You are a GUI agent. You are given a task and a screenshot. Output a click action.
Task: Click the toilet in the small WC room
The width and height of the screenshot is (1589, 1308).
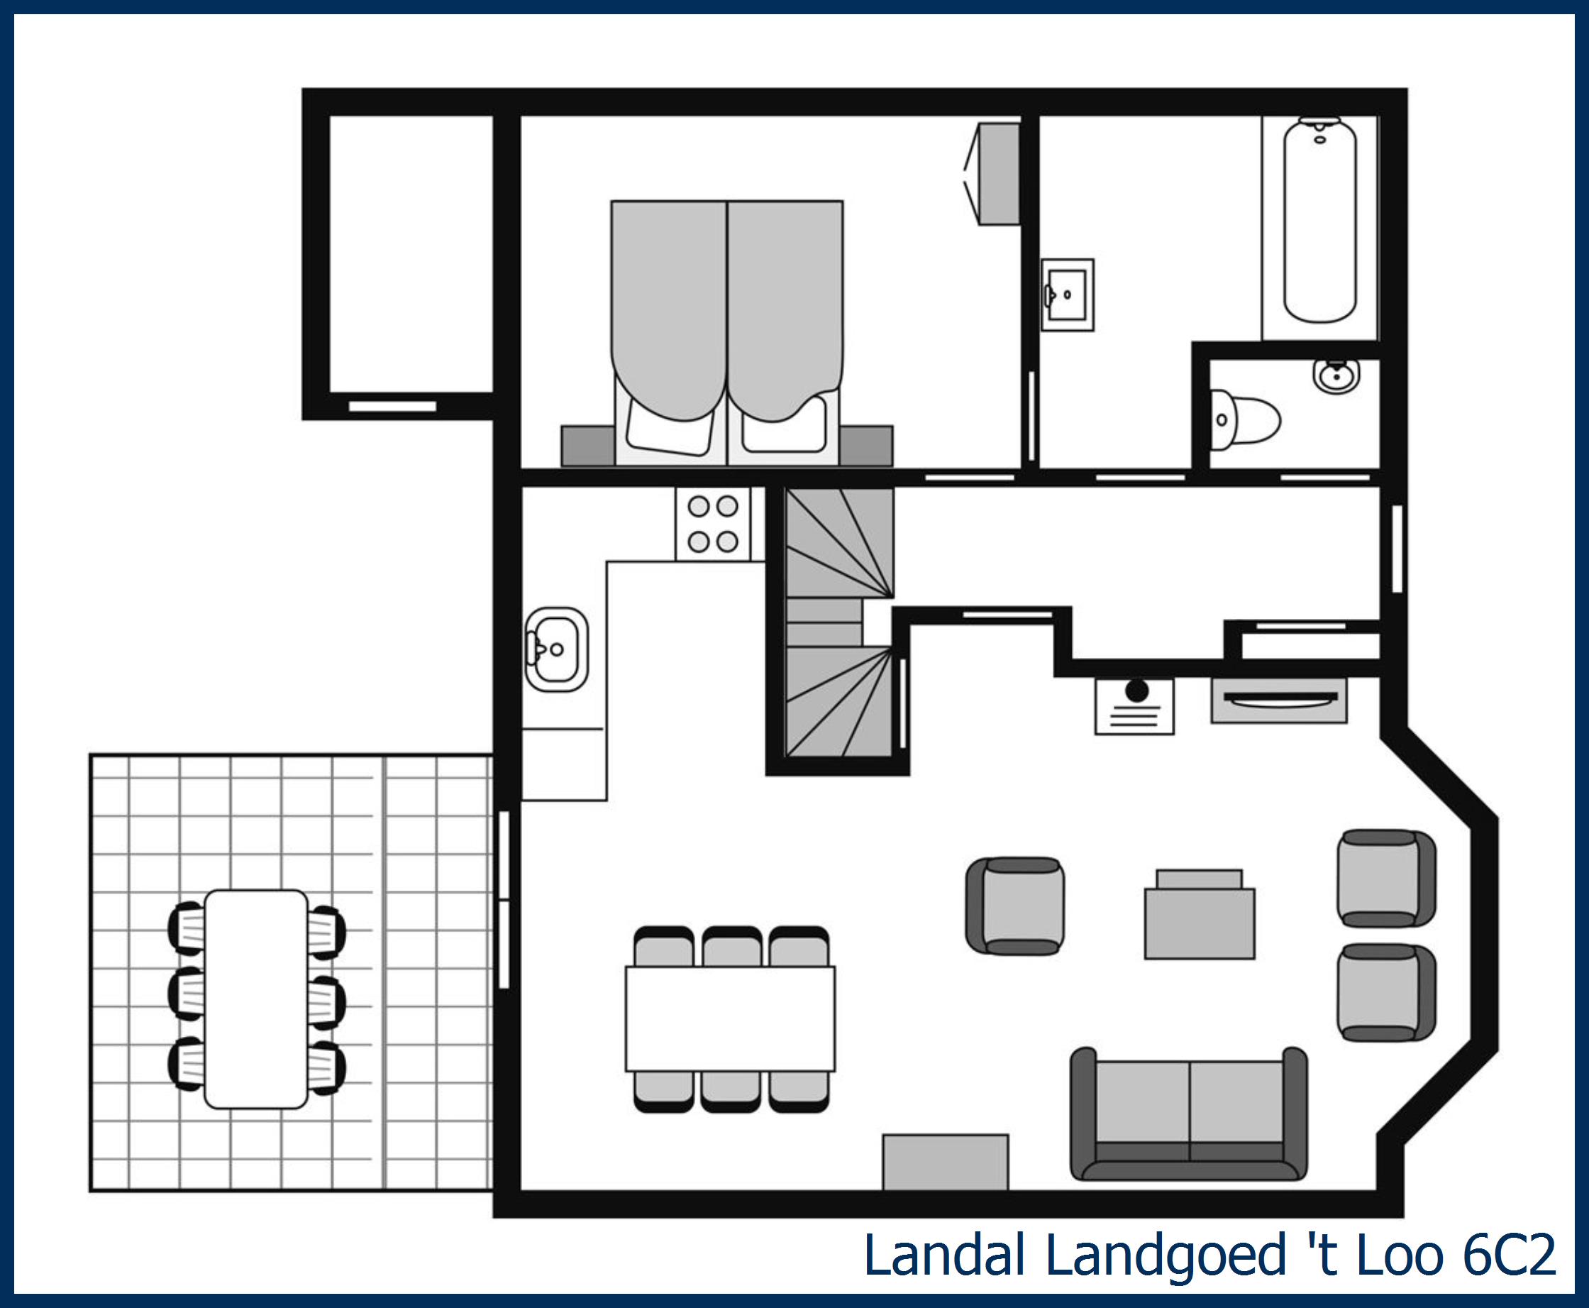tap(1244, 420)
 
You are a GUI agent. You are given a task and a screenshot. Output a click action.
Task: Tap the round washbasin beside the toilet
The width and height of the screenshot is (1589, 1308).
tap(1336, 375)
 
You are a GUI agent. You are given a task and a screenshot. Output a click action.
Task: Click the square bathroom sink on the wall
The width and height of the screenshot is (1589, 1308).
tap(1067, 295)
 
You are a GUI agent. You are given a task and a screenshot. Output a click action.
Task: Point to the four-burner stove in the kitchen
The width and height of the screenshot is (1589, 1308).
tap(712, 524)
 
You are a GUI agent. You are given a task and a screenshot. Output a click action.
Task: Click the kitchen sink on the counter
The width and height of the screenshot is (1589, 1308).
tap(558, 649)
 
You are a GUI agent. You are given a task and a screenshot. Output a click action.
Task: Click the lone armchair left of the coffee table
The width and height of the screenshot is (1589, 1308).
tap(1015, 906)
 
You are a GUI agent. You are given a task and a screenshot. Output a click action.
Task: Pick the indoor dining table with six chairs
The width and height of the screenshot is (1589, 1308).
tap(730, 1018)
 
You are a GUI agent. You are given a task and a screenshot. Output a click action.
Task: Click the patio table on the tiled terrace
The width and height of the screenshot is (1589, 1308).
tap(256, 999)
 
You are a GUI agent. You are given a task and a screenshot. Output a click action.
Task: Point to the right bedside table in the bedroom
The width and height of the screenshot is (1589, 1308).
tap(866, 445)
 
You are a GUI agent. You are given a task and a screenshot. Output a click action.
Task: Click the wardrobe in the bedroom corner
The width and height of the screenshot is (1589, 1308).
tap(999, 174)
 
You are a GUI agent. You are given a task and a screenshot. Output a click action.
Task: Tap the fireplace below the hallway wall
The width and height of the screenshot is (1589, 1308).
tap(1278, 700)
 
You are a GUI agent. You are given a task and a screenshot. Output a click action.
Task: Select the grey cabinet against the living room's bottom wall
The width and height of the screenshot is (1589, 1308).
tap(945, 1162)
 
